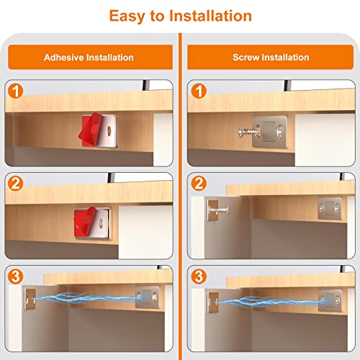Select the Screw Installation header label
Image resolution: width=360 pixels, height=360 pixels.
pyautogui.click(x=270, y=57)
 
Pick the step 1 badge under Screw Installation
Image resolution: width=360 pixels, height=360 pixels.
pyautogui.click(x=199, y=93)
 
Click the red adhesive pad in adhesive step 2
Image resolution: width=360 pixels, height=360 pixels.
pyautogui.click(x=88, y=220)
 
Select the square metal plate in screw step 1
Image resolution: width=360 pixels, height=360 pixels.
pyautogui.click(x=271, y=130)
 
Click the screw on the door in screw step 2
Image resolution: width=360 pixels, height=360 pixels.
pyautogui.click(x=217, y=211)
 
